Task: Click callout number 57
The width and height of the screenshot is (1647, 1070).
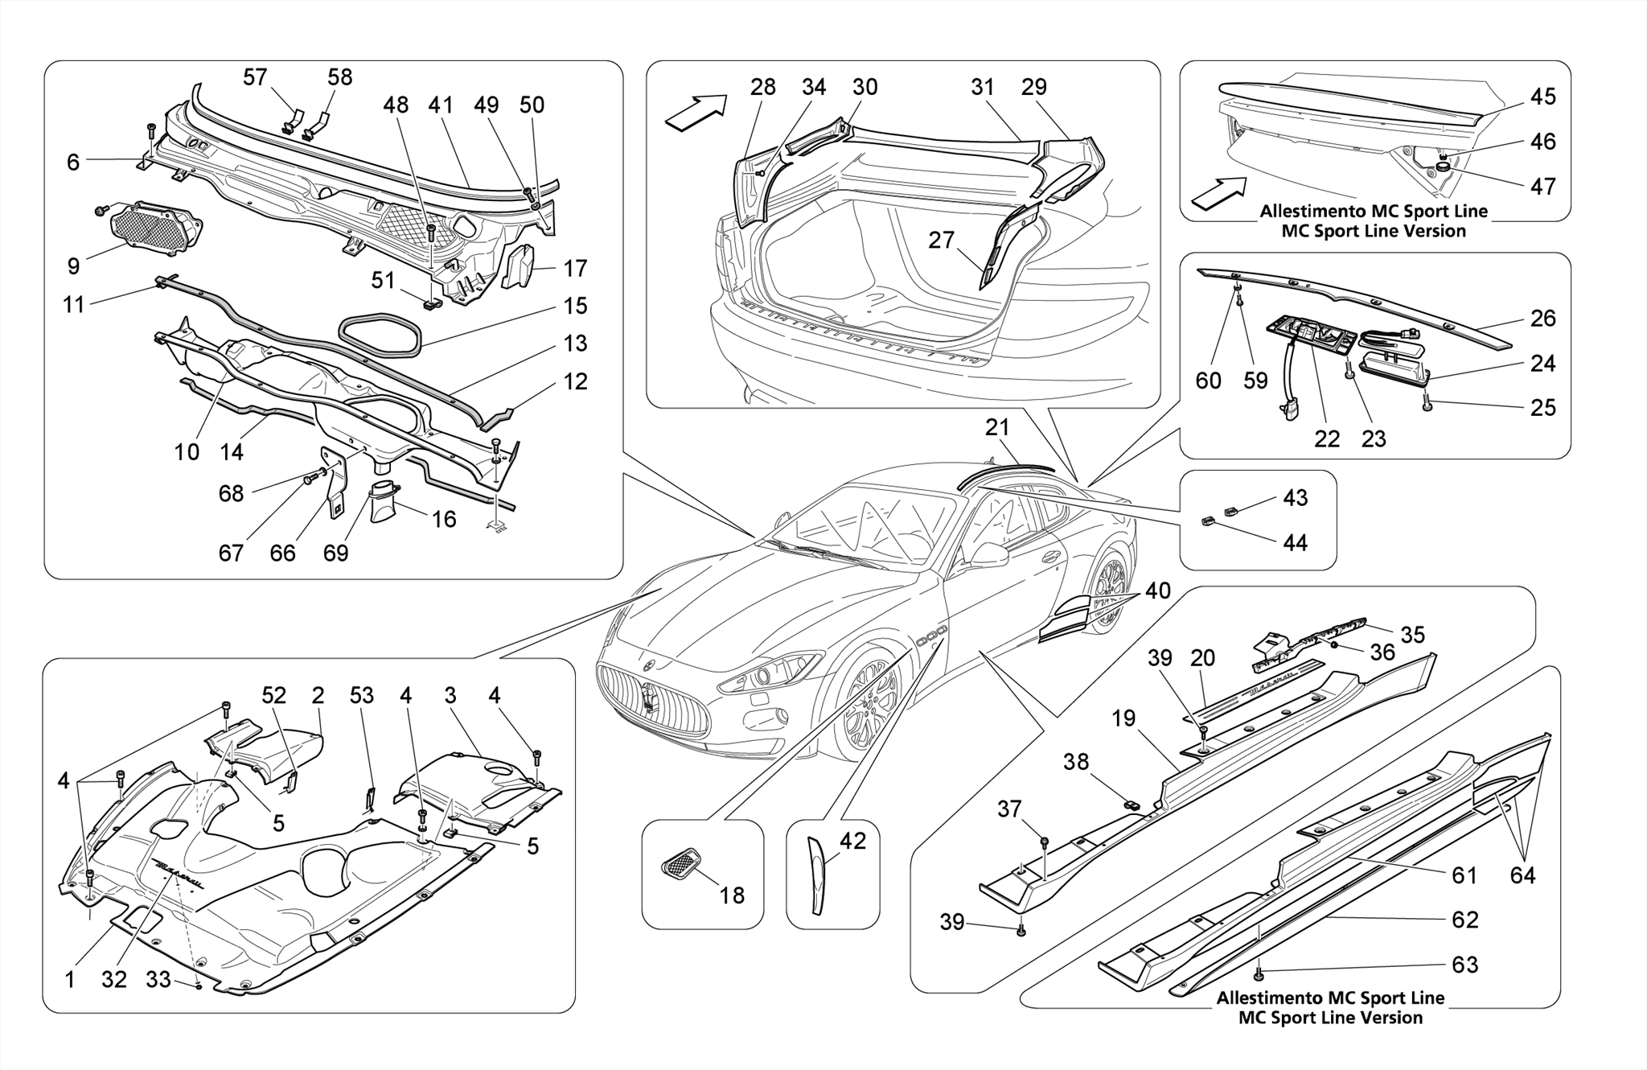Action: [x=255, y=77]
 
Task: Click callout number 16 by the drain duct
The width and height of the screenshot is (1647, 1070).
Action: [x=444, y=519]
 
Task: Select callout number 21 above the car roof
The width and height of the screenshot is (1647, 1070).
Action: [x=997, y=428]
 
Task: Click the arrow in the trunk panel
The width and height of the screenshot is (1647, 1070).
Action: [x=696, y=111]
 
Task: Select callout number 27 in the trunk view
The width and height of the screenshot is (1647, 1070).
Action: [x=941, y=240]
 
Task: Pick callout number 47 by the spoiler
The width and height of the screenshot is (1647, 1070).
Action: [x=1542, y=186]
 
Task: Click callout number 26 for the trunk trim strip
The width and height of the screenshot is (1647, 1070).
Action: [x=1542, y=318]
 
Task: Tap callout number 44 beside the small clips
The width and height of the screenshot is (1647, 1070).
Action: [x=1295, y=542]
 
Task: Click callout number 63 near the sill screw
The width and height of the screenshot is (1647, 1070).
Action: [x=1464, y=964]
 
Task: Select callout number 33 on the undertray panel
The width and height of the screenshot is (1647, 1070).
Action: [x=158, y=979]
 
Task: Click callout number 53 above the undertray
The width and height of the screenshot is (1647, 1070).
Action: [x=362, y=695]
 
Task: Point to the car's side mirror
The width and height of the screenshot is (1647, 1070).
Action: [x=991, y=555]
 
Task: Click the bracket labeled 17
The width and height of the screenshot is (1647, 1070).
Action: [x=520, y=265]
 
